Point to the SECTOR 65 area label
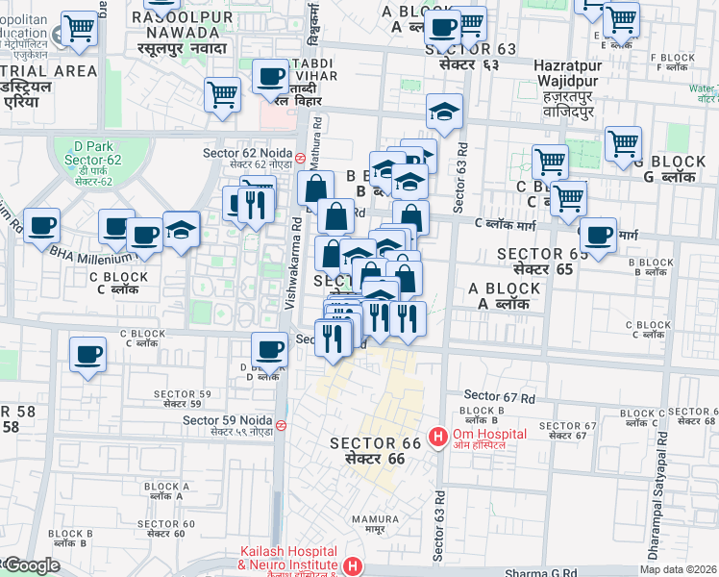(535, 262)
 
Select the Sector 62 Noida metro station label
(247, 158)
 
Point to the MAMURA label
(368, 523)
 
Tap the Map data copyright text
(678, 569)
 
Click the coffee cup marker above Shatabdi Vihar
(271, 76)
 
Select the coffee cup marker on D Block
(269, 350)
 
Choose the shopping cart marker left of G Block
(624, 143)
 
